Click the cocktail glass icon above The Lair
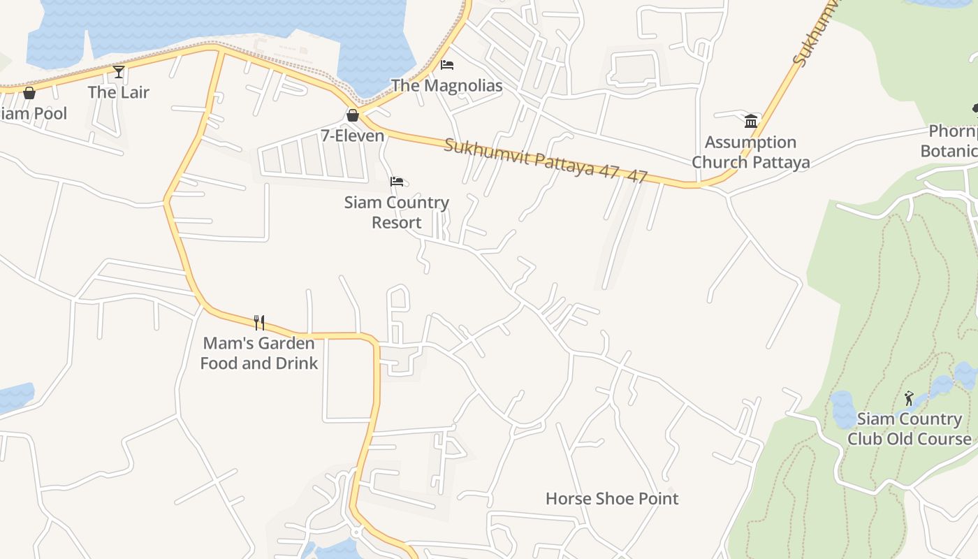119,71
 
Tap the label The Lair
119,92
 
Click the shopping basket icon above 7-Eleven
353,115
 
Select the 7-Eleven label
353,136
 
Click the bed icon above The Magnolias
447,65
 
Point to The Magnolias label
447,86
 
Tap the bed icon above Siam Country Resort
397,182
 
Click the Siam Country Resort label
397,212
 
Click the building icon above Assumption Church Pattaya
751,121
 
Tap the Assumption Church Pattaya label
751,152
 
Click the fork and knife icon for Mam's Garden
259,322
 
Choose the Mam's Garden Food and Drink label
259,353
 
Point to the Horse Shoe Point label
612,499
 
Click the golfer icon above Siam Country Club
909,398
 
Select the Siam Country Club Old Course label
910,429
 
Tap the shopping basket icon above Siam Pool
29,93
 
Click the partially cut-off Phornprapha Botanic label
951,141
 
